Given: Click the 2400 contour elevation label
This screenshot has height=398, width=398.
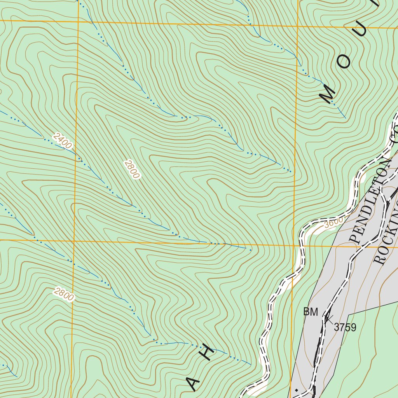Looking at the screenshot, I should click(63, 141).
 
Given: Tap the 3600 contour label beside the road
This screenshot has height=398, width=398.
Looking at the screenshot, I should click(333, 221).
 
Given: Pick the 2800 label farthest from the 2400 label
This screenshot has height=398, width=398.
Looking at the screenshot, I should click(64, 294).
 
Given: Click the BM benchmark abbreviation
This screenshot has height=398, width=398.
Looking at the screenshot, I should click(311, 312).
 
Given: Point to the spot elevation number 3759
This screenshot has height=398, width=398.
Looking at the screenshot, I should click(345, 328).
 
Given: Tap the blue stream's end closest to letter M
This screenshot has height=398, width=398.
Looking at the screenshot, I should click(345, 117).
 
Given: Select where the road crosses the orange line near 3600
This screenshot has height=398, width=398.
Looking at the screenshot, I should click(301, 245).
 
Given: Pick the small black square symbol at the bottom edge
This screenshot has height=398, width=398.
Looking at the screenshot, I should click(297, 389).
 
